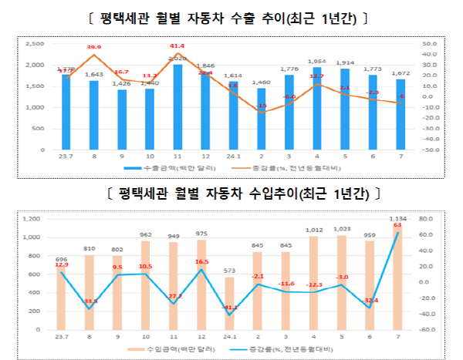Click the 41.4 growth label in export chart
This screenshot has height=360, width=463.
(177, 46)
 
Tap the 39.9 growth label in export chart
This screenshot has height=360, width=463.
(93, 48)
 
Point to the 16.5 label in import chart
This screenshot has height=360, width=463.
(201, 262)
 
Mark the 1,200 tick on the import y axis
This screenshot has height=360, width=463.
(29, 219)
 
